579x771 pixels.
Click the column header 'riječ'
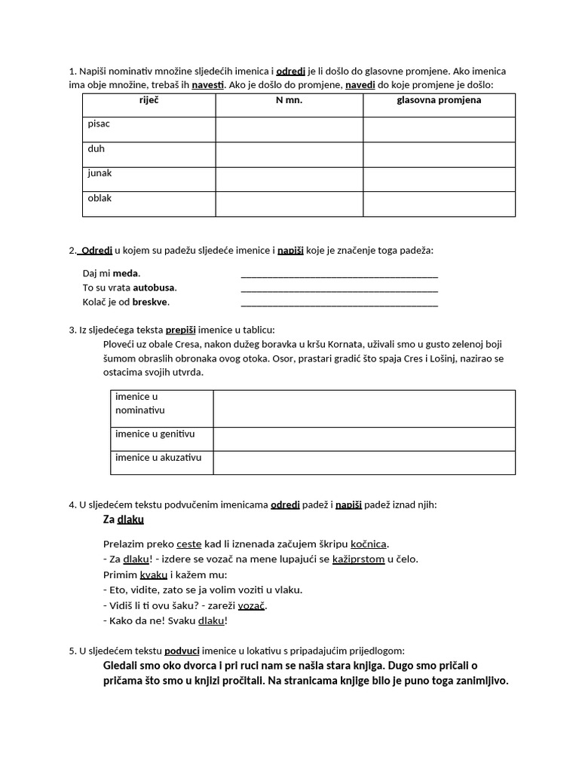[x=149, y=100]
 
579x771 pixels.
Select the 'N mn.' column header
[x=289, y=100]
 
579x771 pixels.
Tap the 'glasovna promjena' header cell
[x=439, y=100]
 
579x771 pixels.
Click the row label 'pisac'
[x=99, y=124]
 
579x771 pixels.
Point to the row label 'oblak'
[x=100, y=198]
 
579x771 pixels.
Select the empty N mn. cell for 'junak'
[x=289, y=179]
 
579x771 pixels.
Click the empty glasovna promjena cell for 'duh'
[x=439, y=154]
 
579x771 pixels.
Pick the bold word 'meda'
[x=126, y=273]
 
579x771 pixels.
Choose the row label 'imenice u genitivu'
[x=155, y=434]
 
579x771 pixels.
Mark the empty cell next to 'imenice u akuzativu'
[x=364, y=463]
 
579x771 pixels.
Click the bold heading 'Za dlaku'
[x=123, y=520]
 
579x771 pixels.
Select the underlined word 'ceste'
[x=189, y=544]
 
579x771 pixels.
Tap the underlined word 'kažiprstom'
[x=358, y=559]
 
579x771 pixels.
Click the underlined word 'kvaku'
[x=154, y=574]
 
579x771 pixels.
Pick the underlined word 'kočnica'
[x=369, y=544]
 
